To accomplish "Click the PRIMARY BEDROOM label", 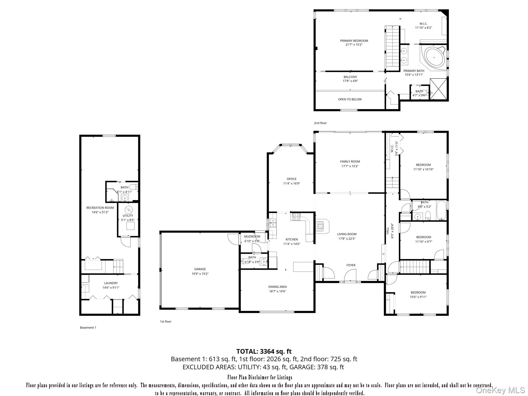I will tap(354, 41).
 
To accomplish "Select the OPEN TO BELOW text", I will tap(350, 99).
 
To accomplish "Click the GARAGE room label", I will tap(200, 269).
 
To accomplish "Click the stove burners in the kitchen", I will tap(296, 217).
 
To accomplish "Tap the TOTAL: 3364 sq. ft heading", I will tap(264, 351).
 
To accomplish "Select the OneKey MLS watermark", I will tap(500, 390).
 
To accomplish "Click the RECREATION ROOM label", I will tap(100, 208).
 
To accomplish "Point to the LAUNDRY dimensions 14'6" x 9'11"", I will tap(111, 287).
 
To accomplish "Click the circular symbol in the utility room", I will tap(128, 210).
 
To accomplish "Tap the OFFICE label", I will tap(292, 179).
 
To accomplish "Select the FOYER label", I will tap(351, 265).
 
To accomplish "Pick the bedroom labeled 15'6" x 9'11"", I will tap(418, 294).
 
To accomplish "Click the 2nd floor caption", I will tap(320, 123).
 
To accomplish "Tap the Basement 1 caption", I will tap(88, 328).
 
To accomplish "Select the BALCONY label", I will tap(350, 77).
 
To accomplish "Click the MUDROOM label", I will tap(252, 236).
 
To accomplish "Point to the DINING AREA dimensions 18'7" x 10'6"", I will tap(277, 291).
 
